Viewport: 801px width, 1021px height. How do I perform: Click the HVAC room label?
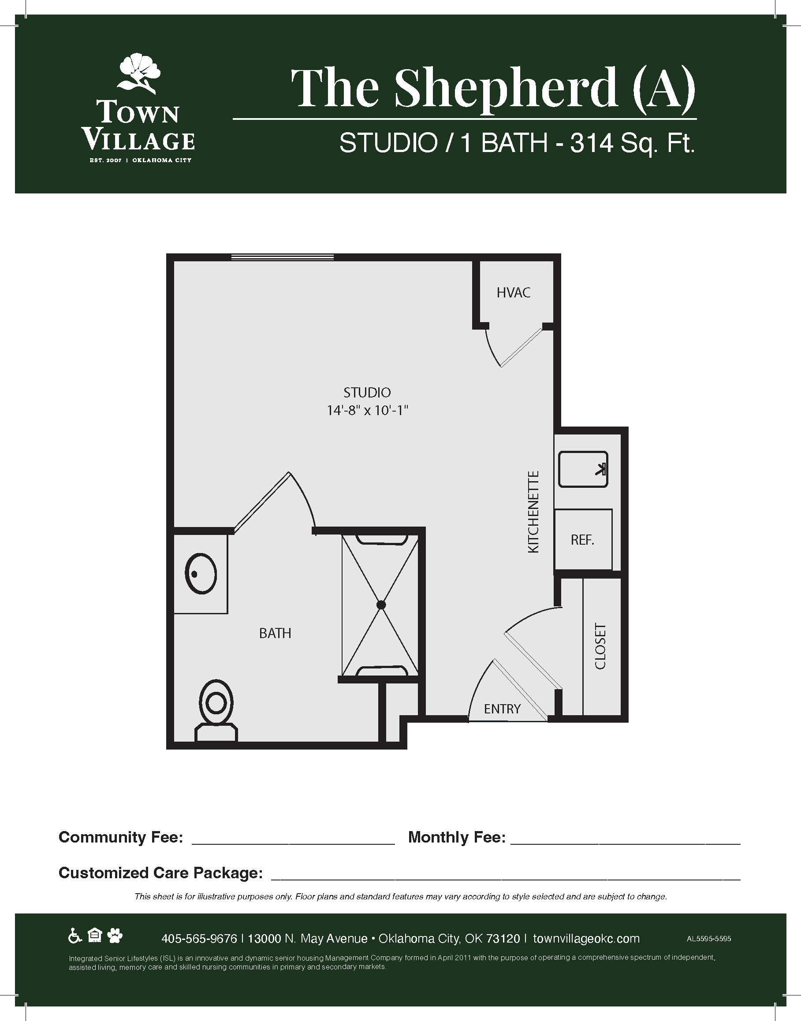[x=514, y=293]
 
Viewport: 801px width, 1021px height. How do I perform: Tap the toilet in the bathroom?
[x=216, y=710]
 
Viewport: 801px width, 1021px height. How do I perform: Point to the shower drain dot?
[x=381, y=605]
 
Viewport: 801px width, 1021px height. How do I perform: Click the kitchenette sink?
[x=583, y=469]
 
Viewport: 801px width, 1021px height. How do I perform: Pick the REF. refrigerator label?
[x=582, y=540]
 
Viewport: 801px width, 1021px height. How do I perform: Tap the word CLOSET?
[x=600, y=646]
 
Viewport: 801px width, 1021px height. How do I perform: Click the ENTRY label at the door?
[x=502, y=709]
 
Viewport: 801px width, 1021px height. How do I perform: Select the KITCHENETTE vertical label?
[x=534, y=512]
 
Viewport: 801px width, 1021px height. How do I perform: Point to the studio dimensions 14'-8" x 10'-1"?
[x=367, y=411]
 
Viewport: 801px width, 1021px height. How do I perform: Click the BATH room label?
[x=275, y=633]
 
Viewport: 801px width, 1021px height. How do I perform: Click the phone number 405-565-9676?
[x=199, y=939]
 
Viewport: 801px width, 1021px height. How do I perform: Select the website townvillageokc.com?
[x=586, y=939]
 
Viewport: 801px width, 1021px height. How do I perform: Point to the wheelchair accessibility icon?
[x=75, y=936]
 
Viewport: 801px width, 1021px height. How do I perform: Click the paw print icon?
[x=115, y=936]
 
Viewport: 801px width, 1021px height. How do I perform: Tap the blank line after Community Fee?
[x=293, y=844]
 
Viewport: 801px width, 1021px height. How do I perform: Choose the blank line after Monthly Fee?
[x=625, y=844]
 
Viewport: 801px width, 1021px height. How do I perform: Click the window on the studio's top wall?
[x=282, y=257]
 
